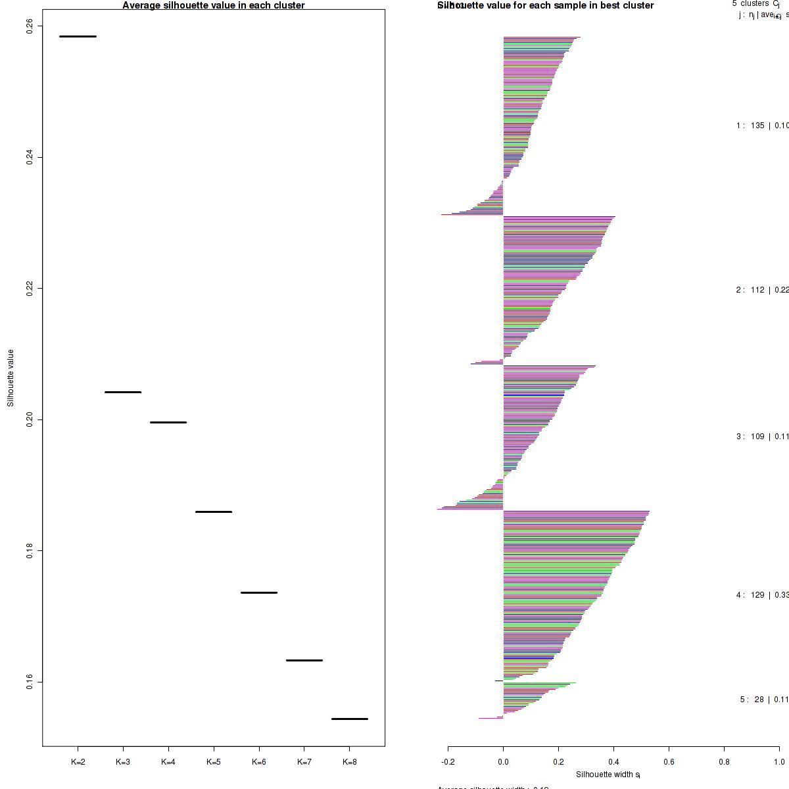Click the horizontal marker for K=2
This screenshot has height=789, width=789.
pos(78,36)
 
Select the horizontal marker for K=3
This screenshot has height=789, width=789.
pos(123,392)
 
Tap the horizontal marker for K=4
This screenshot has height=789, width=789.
pos(168,422)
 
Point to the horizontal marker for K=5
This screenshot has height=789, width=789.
pos(214,512)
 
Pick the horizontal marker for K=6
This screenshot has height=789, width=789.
pos(259,592)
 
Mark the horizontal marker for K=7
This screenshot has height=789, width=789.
pos(304,660)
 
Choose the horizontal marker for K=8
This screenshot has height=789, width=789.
pos(350,719)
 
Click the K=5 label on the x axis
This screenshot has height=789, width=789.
pos(214,762)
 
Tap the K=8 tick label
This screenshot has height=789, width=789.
pos(350,762)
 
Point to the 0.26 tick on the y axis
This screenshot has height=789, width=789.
pos(30,26)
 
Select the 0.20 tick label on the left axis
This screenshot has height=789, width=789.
pos(30,419)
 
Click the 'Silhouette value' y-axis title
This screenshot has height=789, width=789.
pos(11,378)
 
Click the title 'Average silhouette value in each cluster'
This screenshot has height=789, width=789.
pos(214,6)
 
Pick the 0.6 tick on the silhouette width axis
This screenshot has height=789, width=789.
pos(669,762)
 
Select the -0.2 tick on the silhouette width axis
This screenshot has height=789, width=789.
pos(448,762)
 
